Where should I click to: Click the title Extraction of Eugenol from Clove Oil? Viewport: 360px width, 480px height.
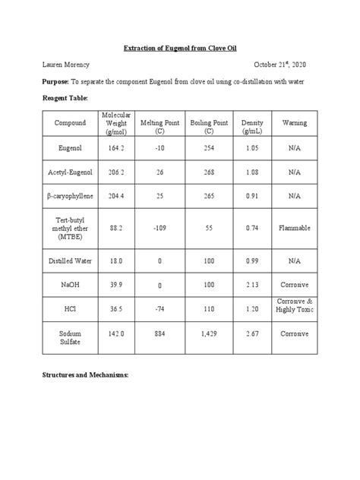coord(180,48)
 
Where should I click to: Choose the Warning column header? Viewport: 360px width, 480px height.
coord(294,122)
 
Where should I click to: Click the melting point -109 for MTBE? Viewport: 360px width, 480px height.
coord(159,227)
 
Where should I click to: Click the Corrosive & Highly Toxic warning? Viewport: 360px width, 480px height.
coord(294,305)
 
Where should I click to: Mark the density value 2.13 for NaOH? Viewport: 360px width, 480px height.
coord(252,284)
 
